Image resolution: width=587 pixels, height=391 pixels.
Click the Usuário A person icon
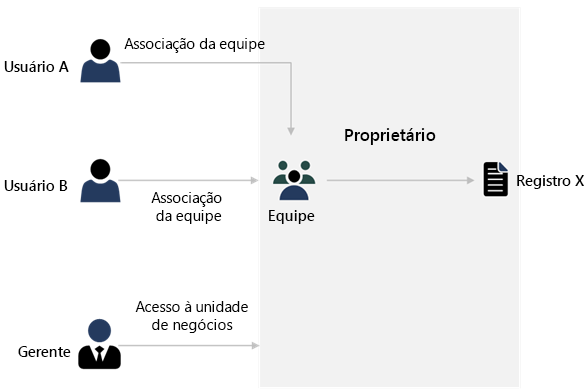coord(100,61)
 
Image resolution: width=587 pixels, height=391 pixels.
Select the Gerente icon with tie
coord(99,344)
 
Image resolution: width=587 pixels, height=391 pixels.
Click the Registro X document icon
coord(495,180)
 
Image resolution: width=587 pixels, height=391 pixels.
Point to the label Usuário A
coord(36,67)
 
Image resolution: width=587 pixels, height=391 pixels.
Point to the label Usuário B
coord(36,186)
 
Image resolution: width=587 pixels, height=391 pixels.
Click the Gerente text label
coord(43,352)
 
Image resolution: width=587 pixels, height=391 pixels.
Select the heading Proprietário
coord(390,135)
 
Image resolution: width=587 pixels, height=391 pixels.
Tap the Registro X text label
coord(549,181)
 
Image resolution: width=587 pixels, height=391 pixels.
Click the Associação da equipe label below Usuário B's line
coord(188,206)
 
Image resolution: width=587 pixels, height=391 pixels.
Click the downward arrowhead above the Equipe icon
coord(291,130)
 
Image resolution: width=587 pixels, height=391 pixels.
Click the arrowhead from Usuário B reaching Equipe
coord(258,181)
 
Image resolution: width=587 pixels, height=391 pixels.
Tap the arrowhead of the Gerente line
coord(255,346)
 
